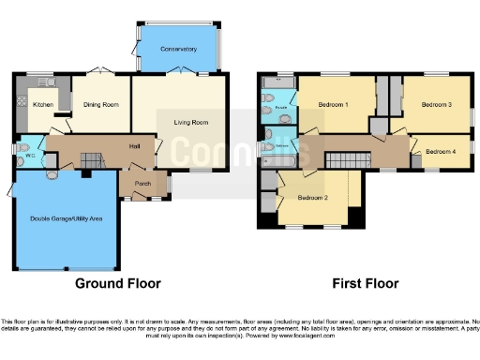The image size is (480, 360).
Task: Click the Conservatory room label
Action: click(x=178, y=49)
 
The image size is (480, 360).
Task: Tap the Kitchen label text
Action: click(x=43, y=105)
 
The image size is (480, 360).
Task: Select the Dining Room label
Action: click(x=101, y=105)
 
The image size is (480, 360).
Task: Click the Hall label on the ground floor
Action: click(x=134, y=145)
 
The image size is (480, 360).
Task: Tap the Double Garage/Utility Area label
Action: click(x=67, y=217)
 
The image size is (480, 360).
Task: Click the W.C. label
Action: click(x=29, y=157)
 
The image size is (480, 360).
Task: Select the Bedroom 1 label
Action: click(x=333, y=105)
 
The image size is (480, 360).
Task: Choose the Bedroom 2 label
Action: click(x=312, y=198)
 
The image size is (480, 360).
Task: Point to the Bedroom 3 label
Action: click(x=436, y=105)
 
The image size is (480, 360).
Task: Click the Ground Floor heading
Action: click(x=118, y=283)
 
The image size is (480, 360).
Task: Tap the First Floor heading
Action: click(x=366, y=283)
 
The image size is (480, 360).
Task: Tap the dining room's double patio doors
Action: click(x=101, y=72)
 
